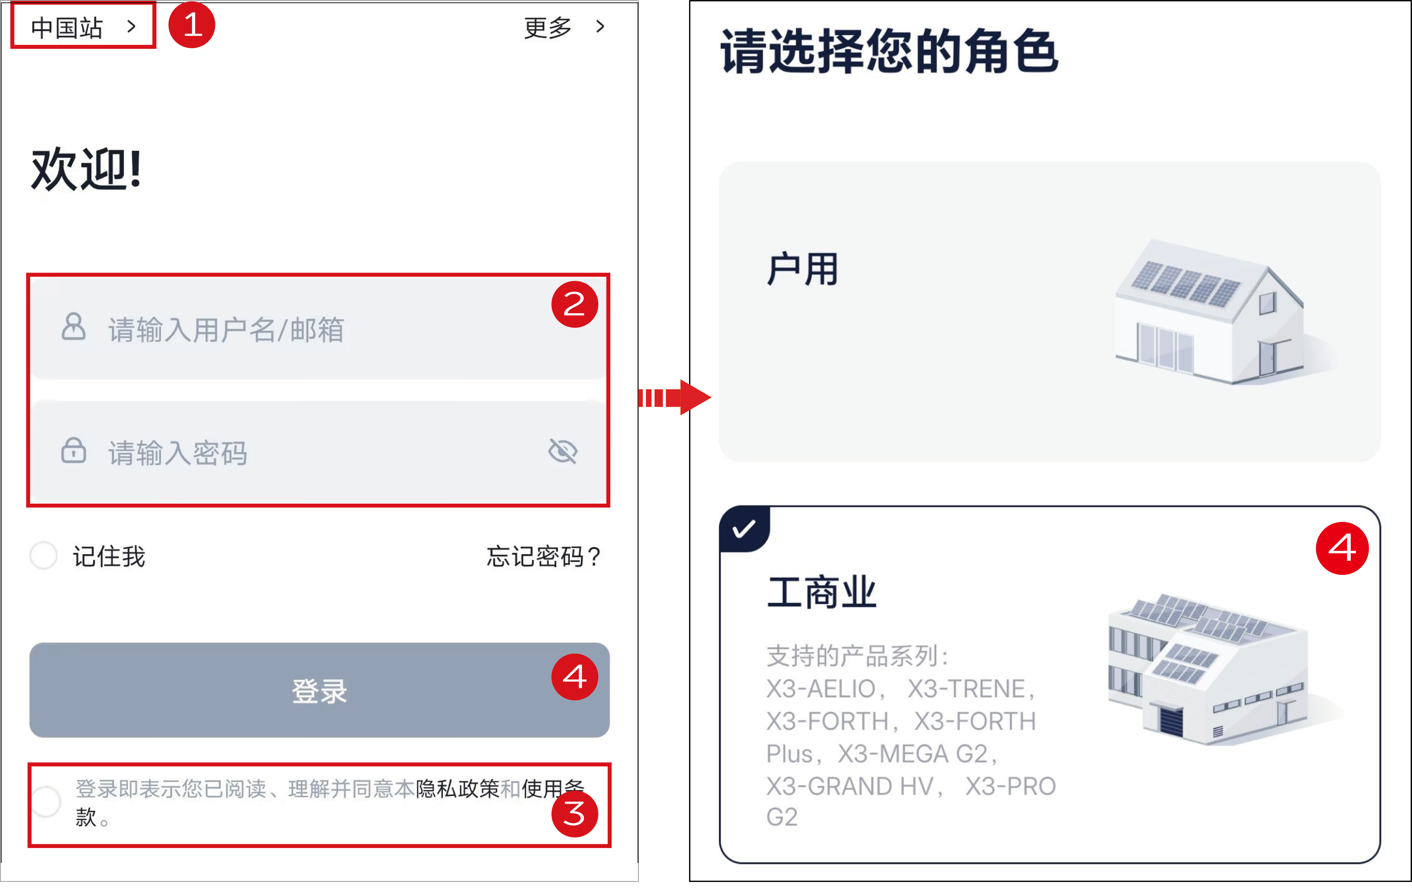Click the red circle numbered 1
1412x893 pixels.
[x=192, y=25]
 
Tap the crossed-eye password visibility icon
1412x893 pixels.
[x=563, y=451]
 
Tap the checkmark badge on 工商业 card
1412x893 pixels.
[x=744, y=529]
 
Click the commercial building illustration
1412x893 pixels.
[x=1208, y=668]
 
